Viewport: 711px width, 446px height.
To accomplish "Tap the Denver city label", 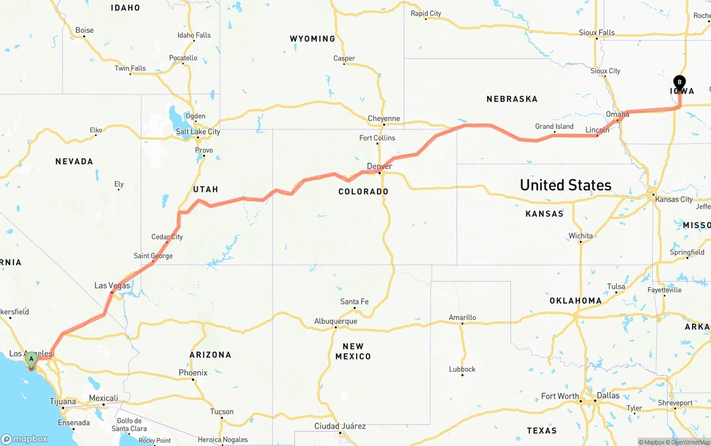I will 379,166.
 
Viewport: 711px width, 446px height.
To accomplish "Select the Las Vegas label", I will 112,285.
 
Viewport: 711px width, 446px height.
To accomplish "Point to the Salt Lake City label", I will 198,132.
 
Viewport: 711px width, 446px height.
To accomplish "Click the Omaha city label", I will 617,114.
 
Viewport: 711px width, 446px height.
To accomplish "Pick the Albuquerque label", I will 336,321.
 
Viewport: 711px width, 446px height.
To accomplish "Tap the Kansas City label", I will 674,199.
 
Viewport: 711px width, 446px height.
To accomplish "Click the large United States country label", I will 565,185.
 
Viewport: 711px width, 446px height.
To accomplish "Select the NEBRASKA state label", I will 512,99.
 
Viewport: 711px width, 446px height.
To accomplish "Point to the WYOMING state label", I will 312,39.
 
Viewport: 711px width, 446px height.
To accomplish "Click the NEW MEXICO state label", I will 353,352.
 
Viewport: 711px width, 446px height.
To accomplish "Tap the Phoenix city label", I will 193,373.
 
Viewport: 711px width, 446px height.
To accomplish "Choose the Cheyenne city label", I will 384,118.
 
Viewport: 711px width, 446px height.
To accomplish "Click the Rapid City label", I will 425,13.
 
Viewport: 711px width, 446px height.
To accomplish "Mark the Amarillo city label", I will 462,318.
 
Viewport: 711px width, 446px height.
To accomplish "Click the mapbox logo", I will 24,439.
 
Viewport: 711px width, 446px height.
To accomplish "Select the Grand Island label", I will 554,126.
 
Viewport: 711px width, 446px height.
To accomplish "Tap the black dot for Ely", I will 119,189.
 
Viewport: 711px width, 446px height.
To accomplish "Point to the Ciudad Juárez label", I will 339,426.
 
